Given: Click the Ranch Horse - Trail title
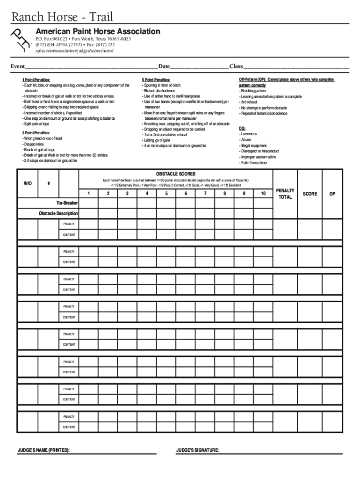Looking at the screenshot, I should point(62,17).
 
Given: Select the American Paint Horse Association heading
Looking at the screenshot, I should point(98,32).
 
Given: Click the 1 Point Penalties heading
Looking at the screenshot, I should point(36,80).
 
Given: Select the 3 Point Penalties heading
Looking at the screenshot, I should point(36,133).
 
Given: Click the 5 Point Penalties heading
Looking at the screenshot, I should point(156,80).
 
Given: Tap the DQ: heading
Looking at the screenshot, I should point(242,128).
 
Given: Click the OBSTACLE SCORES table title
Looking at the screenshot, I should point(176,174).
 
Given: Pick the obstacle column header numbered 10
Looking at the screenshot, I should point(263,194).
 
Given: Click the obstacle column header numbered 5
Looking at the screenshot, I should point(166,194).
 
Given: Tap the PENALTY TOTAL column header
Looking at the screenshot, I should point(285,194).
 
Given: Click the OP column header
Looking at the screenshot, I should point(332,194).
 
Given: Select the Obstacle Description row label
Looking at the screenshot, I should point(58,213).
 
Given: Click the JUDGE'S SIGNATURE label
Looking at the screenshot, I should point(197,450).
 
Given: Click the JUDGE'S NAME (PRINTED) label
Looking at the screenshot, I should point(43,450).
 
